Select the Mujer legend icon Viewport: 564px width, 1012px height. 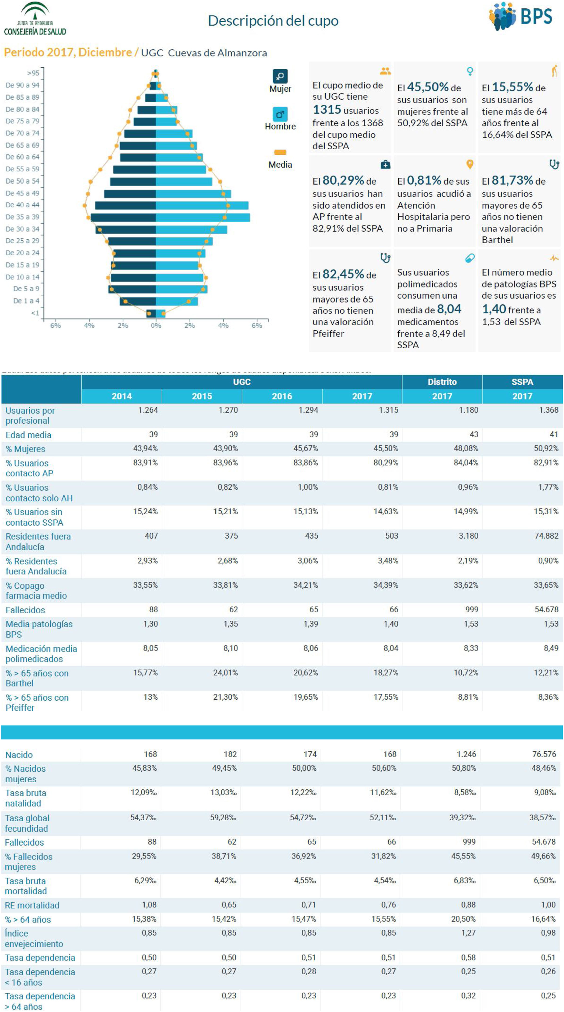[x=280, y=76]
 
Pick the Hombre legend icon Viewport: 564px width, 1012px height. [x=280, y=114]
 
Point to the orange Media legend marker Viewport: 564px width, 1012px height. [x=280, y=152]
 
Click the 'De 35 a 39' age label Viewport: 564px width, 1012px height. [x=22, y=217]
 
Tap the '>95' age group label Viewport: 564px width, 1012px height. [x=33, y=73]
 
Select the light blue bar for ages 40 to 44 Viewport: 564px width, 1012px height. [x=202, y=205]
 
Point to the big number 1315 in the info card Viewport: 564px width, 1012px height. [x=327, y=110]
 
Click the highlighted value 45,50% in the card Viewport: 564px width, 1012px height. [x=428, y=87]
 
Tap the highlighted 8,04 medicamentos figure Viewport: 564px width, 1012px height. [x=449, y=309]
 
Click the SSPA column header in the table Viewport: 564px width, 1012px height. [x=522, y=382]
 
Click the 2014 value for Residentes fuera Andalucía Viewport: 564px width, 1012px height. [x=151, y=536]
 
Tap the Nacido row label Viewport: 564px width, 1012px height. [x=19, y=755]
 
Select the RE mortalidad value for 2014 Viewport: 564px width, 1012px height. [x=149, y=905]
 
